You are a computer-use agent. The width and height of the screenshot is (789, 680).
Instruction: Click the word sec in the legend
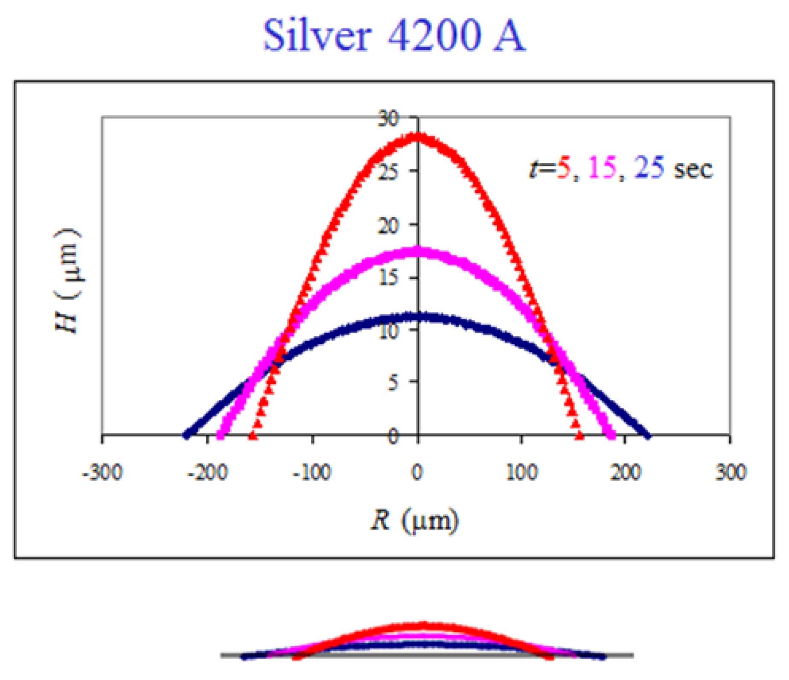coord(693,169)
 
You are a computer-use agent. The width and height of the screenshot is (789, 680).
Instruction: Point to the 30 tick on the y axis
coord(388,119)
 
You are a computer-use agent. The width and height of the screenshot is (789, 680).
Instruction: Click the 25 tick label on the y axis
coord(388,172)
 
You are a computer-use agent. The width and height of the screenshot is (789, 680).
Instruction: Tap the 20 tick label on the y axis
coord(388,225)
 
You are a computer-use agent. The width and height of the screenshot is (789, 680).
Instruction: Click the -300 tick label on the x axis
coord(102,473)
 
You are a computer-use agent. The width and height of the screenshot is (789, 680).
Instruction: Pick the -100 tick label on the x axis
coord(312,473)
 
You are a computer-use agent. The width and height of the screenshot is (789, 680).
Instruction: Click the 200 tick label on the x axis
coord(625,473)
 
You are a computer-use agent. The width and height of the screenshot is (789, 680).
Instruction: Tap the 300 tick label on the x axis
coord(730,473)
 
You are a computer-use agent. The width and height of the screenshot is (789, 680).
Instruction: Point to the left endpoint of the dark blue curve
coord(186,436)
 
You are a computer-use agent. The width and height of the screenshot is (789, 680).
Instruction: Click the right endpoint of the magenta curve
coord(613,436)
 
